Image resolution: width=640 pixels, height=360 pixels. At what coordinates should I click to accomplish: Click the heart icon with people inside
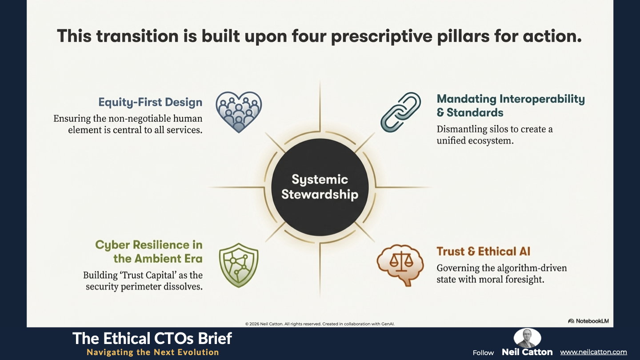239,112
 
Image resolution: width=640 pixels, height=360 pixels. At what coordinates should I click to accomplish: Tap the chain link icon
400,112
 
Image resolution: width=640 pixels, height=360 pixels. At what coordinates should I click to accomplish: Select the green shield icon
239,265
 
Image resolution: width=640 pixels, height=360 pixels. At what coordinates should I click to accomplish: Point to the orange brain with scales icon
400,265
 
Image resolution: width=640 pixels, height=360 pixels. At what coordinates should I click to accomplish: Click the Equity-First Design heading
150,102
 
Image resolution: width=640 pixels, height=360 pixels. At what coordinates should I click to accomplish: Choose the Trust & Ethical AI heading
483,252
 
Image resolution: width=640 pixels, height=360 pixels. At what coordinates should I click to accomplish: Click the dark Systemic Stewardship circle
320,187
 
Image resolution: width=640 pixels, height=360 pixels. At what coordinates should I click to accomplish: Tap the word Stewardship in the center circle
320,195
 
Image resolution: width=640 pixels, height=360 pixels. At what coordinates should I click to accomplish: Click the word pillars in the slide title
463,36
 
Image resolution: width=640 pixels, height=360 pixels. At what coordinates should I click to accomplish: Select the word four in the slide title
309,36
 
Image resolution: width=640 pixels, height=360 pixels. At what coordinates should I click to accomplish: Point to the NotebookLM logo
588,321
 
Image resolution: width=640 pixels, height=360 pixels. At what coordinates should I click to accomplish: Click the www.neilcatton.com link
593,352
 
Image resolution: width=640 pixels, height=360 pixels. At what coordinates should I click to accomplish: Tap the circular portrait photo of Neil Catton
527,338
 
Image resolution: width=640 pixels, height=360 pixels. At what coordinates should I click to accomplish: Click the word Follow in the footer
483,353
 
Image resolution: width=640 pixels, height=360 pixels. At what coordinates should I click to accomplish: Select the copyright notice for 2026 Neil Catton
320,324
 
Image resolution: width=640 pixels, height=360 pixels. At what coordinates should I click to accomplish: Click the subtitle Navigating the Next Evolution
153,352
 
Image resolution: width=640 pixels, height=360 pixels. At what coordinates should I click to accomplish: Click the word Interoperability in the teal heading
542,99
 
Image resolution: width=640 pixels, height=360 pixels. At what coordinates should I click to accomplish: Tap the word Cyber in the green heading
112,245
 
